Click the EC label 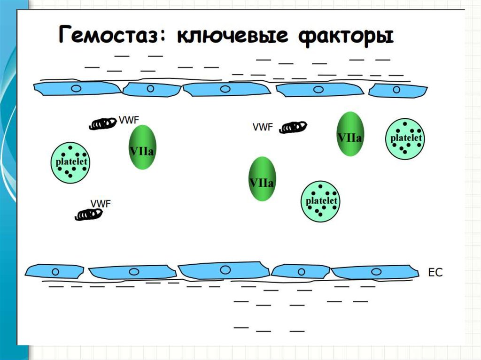point(435,272)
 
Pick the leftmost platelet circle point(70,162)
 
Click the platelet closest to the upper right point(405,138)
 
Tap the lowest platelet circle point(320,201)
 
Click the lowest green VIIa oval point(262,179)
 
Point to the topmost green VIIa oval point(350,134)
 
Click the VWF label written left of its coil point(263,127)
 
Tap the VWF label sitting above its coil point(101,203)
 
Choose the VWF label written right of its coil point(129,120)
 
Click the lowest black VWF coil point(89,214)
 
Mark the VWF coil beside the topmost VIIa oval point(293,127)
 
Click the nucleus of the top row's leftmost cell point(76,89)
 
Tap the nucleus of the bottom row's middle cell point(225,270)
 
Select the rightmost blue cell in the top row point(398,90)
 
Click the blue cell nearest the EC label point(375,272)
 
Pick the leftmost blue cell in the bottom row point(54,271)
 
